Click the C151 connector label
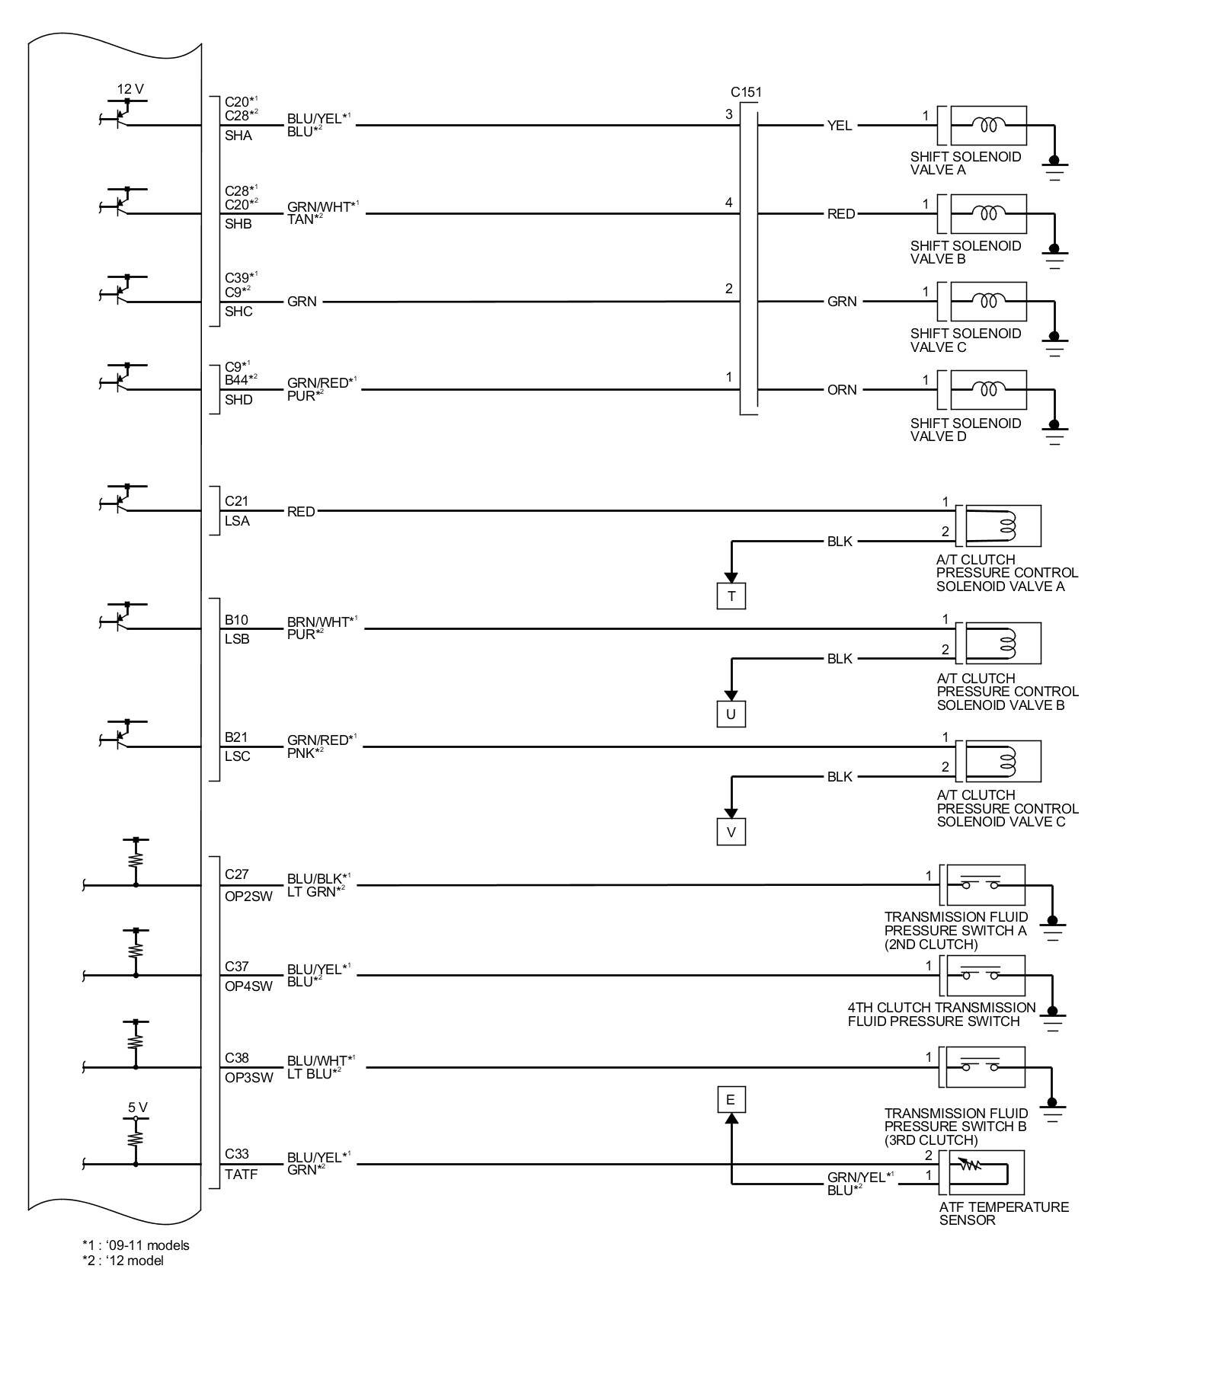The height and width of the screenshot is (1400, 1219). click(x=746, y=92)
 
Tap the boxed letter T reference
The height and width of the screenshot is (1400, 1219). click(x=731, y=596)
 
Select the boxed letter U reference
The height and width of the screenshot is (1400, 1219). click(x=731, y=714)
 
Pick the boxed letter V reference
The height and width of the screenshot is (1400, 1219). click(x=731, y=832)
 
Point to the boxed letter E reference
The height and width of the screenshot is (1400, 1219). click(x=730, y=1099)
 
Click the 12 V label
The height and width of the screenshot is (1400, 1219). click(x=130, y=89)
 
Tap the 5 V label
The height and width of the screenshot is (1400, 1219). click(x=137, y=1108)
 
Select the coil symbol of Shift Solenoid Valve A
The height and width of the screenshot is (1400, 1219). click(x=988, y=125)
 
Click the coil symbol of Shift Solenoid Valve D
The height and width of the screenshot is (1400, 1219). click(x=988, y=389)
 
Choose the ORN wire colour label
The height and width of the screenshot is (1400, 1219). click(x=842, y=390)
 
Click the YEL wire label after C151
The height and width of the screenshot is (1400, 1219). click(x=840, y=126)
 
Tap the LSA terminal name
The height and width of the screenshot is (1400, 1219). click(x=237, y=521)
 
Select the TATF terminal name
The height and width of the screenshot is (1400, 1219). click(x=241, y=1175)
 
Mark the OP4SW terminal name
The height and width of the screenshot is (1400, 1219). click(x=248, y=986)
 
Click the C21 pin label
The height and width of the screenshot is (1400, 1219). click(x=236, y=501)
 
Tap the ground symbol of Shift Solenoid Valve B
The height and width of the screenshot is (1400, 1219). click(x=1054, y=254)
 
